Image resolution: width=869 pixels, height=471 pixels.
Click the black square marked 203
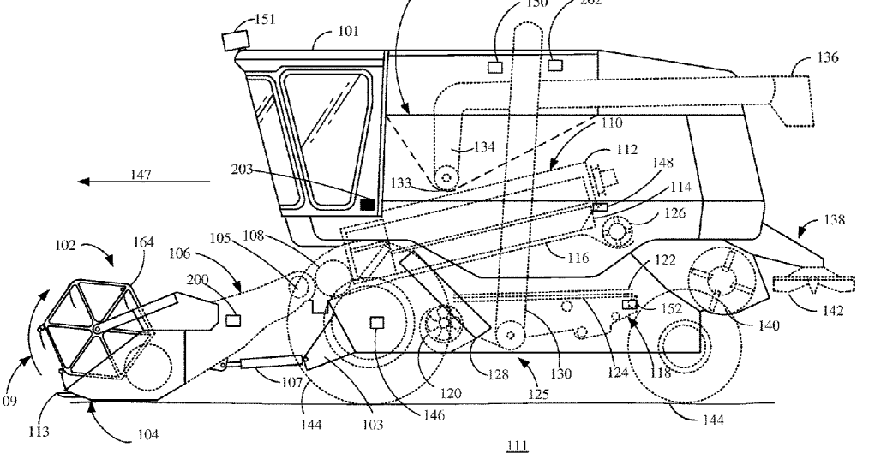coord(369,204)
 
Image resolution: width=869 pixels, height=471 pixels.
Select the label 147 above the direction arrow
coord(141,175)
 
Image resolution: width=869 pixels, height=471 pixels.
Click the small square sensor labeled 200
coord(231,319)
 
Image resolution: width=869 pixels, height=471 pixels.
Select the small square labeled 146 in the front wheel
coord(376,321)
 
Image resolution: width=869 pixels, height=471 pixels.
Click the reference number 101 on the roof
coord(347,32)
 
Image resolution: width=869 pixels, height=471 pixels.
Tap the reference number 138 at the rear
coord(833,219)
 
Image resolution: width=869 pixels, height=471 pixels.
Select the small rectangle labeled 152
coord(628,304)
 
